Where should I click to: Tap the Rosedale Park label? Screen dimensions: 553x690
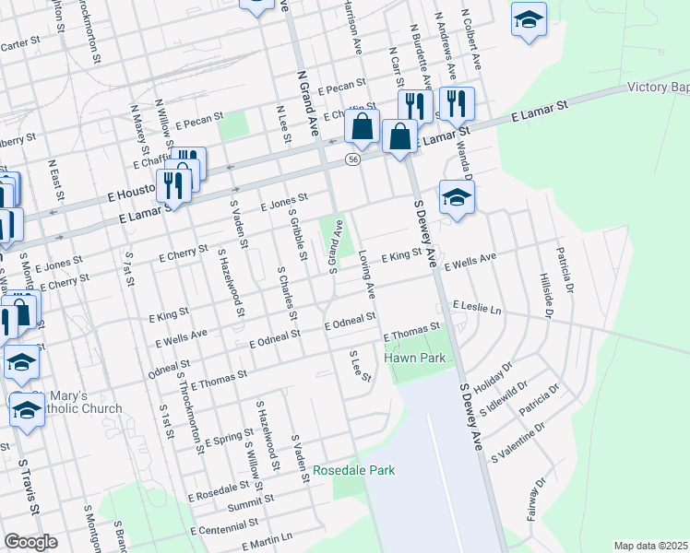tap(353, 470)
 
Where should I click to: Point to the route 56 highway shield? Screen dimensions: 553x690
tap(352, 160)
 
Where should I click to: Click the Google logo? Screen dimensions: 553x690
tap(30, 542)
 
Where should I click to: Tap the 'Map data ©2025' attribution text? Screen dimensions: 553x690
tap(650, 546)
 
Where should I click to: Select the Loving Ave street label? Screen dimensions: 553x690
tap(366, 274)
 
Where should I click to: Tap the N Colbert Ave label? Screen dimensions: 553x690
tap(473, 41)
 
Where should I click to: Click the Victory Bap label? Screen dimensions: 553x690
tap(658, 88)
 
